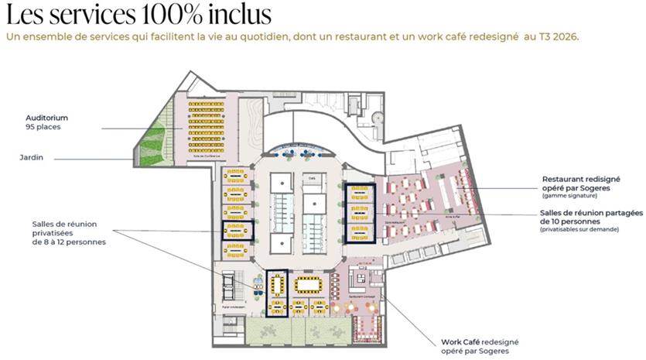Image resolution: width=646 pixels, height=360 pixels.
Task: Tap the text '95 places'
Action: pyautogui.click(x=43, y=127)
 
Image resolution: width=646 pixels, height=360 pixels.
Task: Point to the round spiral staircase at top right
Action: pyautogui.click(x=377, y=115)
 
